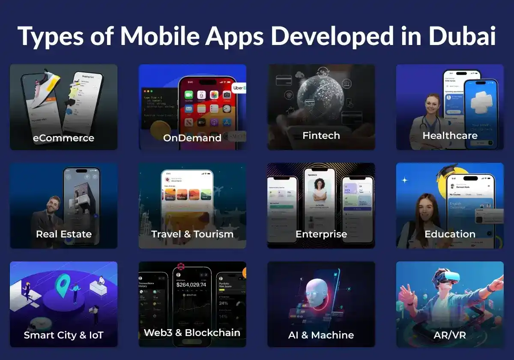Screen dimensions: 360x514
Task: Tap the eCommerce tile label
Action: pyautogui.click(x=63, y=138)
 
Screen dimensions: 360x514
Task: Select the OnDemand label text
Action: pyautogui.click(x=192, y=138)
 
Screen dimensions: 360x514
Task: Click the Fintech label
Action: pyautogui.click(x=321, y=135)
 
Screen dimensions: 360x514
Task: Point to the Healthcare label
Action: pyautogui.click(x=450, y=135)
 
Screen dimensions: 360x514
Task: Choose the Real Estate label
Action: pyautogui.click(x=64, y=234)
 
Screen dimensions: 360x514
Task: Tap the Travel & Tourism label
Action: pyautogui.click(x=192, y=234)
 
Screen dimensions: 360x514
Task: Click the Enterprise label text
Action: pyautogui.click(x=321, y=234)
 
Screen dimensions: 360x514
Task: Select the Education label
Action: pyautogui.click(x=450, y=234)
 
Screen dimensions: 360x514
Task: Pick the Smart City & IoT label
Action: pyautogui.click(x=64, y=335)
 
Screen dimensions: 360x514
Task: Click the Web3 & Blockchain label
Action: pyautogui.click(x=192, y=333)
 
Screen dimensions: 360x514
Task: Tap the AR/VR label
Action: pyautogui.click(x=450, y=335)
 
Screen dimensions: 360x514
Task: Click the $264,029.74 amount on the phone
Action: pyautogui.click(x=191, y=285)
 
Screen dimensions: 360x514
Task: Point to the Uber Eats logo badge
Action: pyautogui.click(x=239, y=88)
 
